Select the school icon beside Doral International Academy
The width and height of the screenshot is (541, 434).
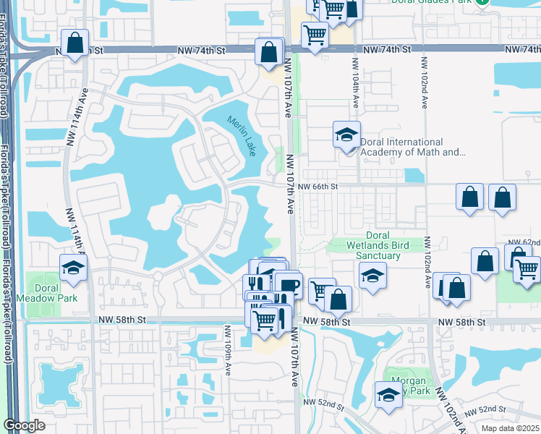click(346, 135)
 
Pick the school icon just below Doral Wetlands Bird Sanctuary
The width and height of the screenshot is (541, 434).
click(372, 276)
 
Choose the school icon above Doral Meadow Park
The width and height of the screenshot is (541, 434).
click(73, 268)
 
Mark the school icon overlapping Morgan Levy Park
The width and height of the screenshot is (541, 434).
click(388, 395)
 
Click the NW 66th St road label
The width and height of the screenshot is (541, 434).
click(320, 186)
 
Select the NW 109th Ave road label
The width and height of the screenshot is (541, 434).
click(228, 351)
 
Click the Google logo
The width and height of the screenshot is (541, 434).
click(24, 425)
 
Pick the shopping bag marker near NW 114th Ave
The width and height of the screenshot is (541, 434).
click(74, 43)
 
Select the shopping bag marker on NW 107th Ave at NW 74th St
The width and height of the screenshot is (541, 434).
click(269, 52)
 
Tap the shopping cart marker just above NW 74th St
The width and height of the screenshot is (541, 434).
click(315, 34)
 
